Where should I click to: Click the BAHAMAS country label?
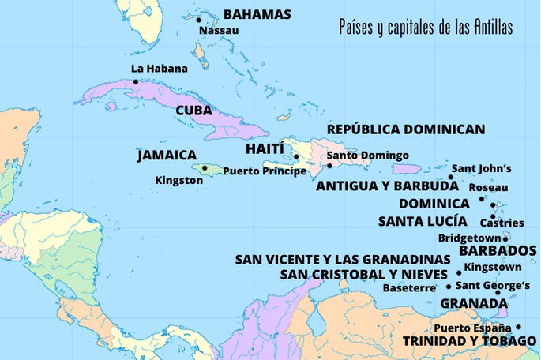(257, 14)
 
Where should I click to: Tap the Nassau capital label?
(220, 31)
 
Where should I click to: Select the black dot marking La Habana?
(136, 81)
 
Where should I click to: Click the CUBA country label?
(193, 111)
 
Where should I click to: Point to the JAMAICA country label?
(166, 156)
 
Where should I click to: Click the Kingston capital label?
(178, 181)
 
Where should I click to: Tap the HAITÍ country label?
(265, 148)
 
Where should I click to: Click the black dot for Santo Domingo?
(330, 166)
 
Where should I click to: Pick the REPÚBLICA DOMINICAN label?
(406, 129)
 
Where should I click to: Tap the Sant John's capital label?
(481, 168)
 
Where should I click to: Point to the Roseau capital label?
(488, 188)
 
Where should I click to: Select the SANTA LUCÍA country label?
(422, 221)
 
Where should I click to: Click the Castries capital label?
(507, 223)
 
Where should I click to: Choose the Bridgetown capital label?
(470, 238)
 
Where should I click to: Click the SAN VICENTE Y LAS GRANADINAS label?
(343, 259)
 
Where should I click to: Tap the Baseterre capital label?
(408, 288)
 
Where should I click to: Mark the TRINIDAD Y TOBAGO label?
(469, 340)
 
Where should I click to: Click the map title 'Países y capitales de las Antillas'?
(425, 28)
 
